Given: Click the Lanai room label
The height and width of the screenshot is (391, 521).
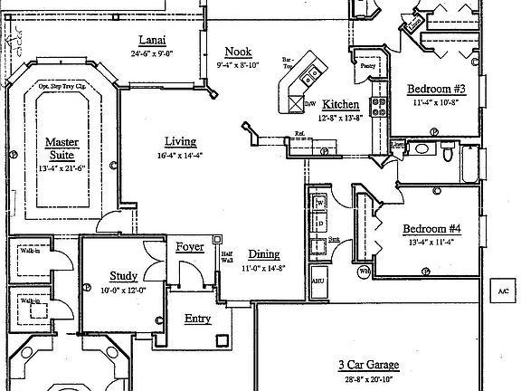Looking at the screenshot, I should click(x=151, y=39).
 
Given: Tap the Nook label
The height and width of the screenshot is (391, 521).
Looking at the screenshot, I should click(x=239, y=52).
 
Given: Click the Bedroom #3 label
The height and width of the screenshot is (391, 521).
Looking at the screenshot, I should click(x=435, y=90).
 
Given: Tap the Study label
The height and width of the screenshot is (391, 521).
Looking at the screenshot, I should click(x=123, y=275).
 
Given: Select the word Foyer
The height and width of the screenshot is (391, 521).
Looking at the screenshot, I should click(x=190, y=245).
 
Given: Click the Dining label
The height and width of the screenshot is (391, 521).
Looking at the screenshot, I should click(x=263, y=254).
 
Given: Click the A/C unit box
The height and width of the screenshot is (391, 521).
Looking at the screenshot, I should click(x=502, y=291).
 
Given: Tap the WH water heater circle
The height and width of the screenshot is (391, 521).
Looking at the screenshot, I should click(x=363, y=271).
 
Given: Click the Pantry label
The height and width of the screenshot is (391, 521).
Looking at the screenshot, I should click(x=367, y=66).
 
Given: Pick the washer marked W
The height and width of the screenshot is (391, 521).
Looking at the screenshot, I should click(x=319, y=204).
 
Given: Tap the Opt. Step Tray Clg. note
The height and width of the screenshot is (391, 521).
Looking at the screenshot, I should click(x=62, y=88).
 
